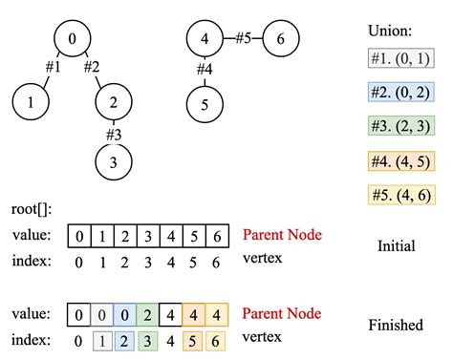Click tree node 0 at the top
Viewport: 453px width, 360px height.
pos(72,39)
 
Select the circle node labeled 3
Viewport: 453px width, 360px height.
pos(114,161)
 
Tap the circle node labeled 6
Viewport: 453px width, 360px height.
pos(279,39)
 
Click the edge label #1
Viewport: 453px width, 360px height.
pos(54,68)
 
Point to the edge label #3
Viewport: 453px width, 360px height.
pos(114,133)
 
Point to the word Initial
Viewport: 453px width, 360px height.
pos(396,245)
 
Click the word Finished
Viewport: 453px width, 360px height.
pos(396,326)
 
